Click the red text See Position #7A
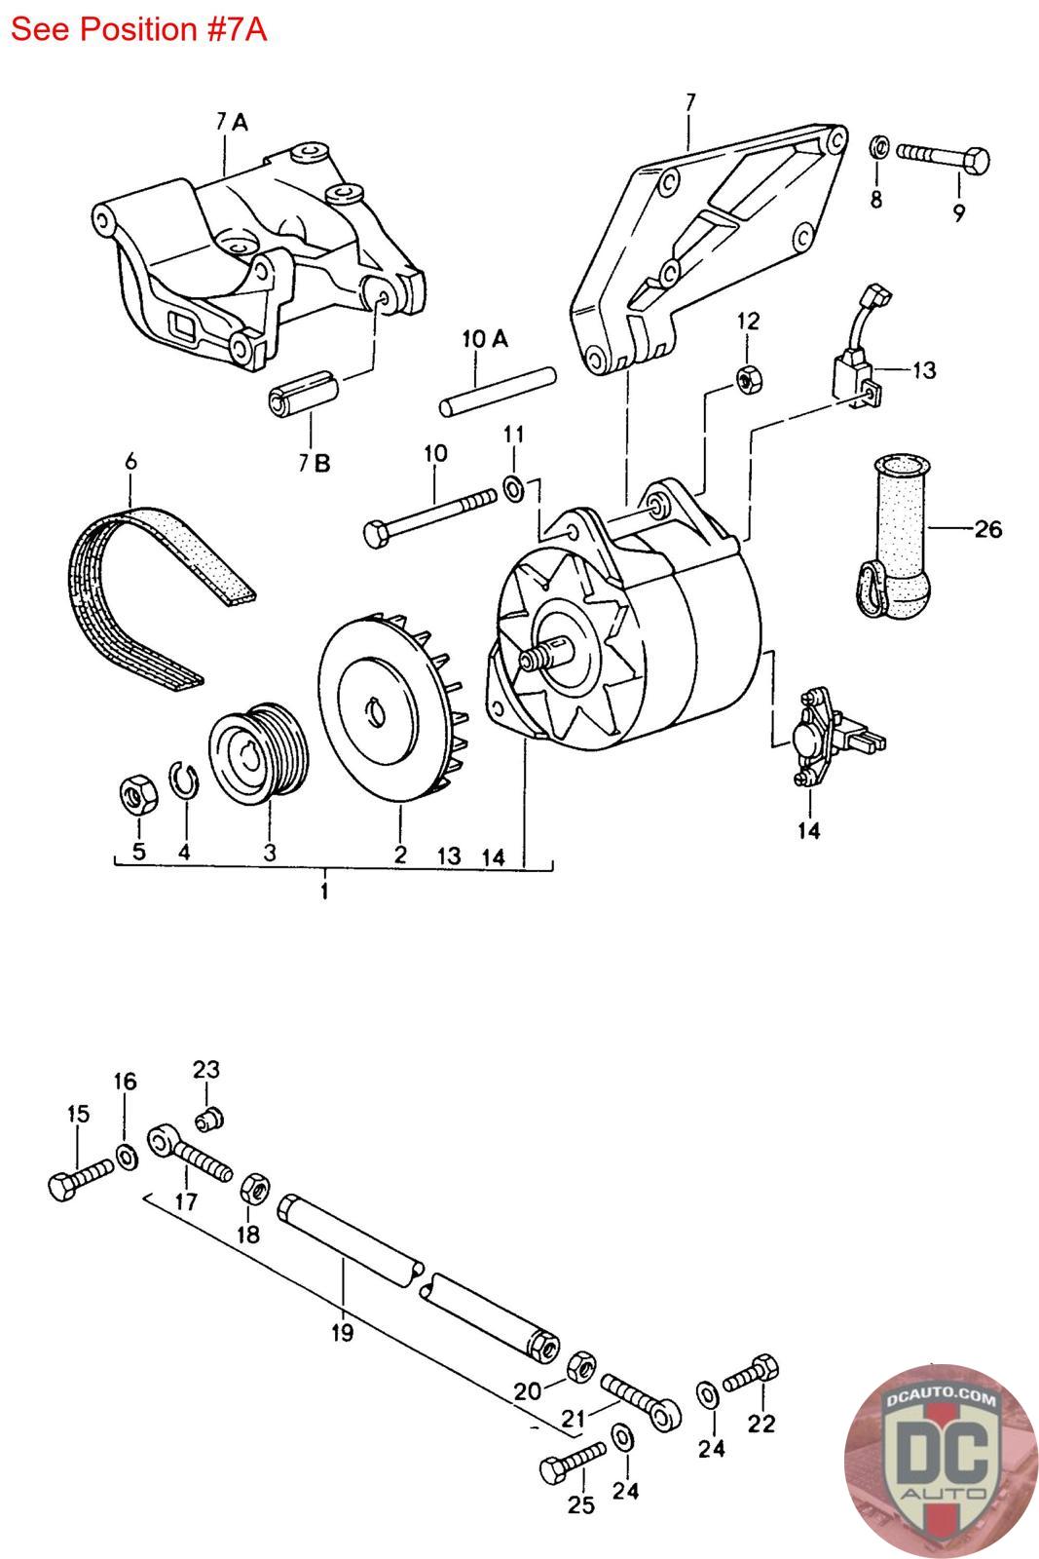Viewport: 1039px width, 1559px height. (x=138, y=29)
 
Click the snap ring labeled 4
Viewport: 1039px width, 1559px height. (x=185, y=781)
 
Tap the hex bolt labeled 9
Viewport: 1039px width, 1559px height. (x=943, y=160)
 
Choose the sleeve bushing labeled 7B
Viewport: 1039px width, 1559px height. (x=304, y=394)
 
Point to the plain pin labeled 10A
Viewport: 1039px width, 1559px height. (x=498, y=392)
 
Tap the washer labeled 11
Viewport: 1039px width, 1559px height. (x=513, y=488)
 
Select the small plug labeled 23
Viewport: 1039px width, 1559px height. (x=209, y=1120)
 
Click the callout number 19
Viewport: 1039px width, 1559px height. (x=342, y=1332)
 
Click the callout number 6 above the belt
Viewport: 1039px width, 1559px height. (x=130, y=462)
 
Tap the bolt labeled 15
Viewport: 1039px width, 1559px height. (x=81, y=1179)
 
